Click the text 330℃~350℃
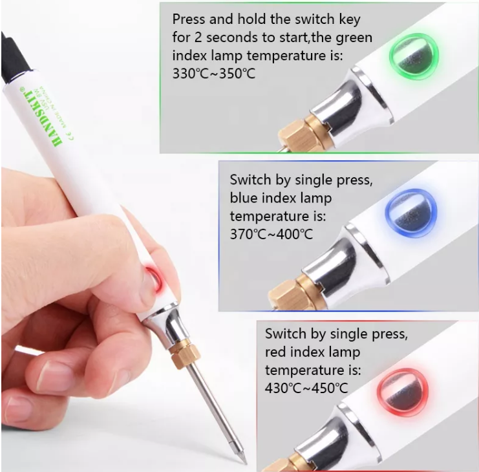(x=214, y=73)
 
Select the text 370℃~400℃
(x=271, y=233)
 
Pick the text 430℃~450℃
(x=306, y=388)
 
